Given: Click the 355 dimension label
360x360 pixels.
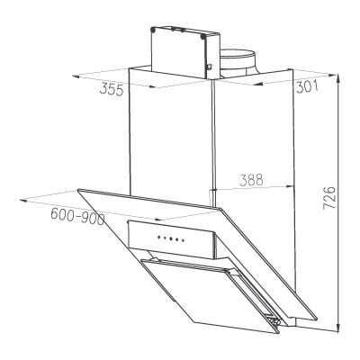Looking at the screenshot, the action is tap(112, 89).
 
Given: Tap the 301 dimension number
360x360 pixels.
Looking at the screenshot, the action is tap(307, 87).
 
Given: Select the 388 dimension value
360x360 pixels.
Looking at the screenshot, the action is tap(251, 180).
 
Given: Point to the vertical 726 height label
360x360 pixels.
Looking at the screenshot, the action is tap(329, 197).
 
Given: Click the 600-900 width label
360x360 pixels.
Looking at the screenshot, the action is tap(77, 216).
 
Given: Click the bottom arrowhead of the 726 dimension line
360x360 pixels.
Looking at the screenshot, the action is tap(338, 328).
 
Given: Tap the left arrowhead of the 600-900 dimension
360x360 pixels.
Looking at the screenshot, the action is tap(23, 201).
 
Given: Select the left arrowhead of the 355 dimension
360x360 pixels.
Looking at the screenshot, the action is tap(76, 76).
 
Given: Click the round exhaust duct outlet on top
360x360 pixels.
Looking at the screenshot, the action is tap(238, 61).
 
